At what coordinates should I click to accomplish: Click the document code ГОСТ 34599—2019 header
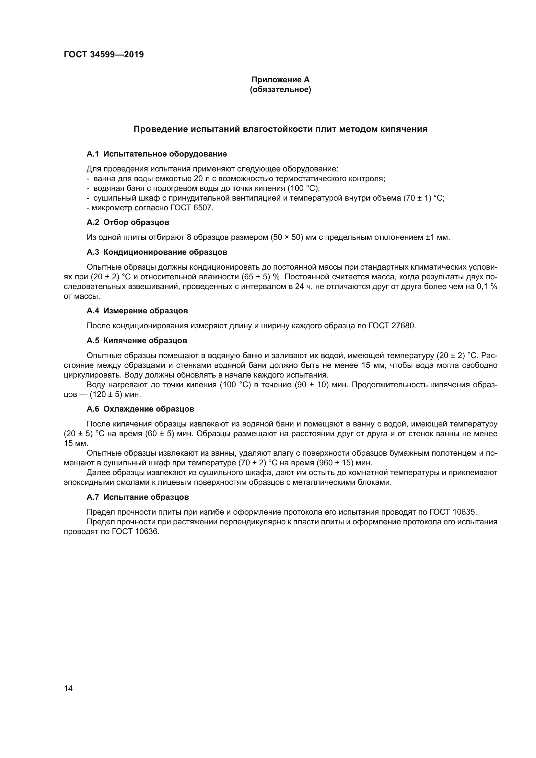104,55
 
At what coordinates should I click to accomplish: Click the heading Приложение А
280,80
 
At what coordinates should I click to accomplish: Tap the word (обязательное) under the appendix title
280,89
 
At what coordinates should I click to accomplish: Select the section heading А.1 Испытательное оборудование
157,154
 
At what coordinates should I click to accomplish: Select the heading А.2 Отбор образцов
128,222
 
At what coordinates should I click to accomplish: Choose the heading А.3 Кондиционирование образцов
157,252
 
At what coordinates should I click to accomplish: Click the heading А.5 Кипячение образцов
137,340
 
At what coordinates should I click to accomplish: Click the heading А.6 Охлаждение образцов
140,409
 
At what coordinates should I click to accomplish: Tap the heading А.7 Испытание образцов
138,497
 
